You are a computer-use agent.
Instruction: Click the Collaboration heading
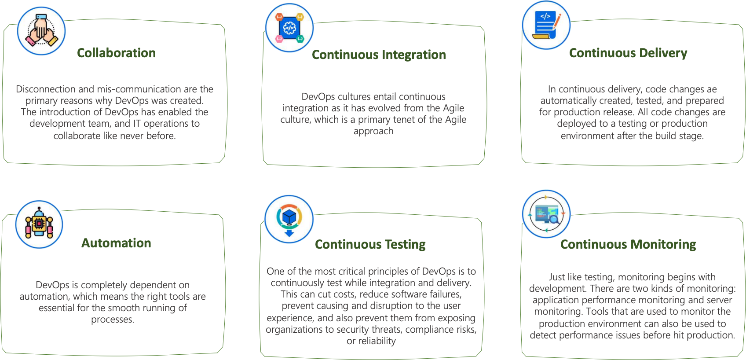coord(116,53)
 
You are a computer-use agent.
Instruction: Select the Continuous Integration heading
coord(379,55)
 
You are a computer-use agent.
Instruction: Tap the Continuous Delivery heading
coord(628,53)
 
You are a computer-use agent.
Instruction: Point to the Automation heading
coord(116,243)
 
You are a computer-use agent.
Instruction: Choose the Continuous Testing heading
coord(370,244)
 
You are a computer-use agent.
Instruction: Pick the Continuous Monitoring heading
coord(628,244)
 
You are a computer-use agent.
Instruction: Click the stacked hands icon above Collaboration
coord(41,31)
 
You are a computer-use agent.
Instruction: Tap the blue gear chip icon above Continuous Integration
coord(289,28)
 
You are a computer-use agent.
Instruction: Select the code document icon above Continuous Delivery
coord(546,26)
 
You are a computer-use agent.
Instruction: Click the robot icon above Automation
coord(39,224)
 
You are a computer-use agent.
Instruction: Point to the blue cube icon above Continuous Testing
coord(289,219)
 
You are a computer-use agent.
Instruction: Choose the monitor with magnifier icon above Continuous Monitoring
coord(546,214)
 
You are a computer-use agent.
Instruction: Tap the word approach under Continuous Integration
coord(373,131)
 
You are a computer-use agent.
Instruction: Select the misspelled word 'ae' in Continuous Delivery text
coord(712,89)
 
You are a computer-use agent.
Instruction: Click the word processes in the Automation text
coord(113,320)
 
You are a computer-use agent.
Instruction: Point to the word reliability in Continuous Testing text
coord(377,341)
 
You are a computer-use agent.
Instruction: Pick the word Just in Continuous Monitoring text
coord(557,277)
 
